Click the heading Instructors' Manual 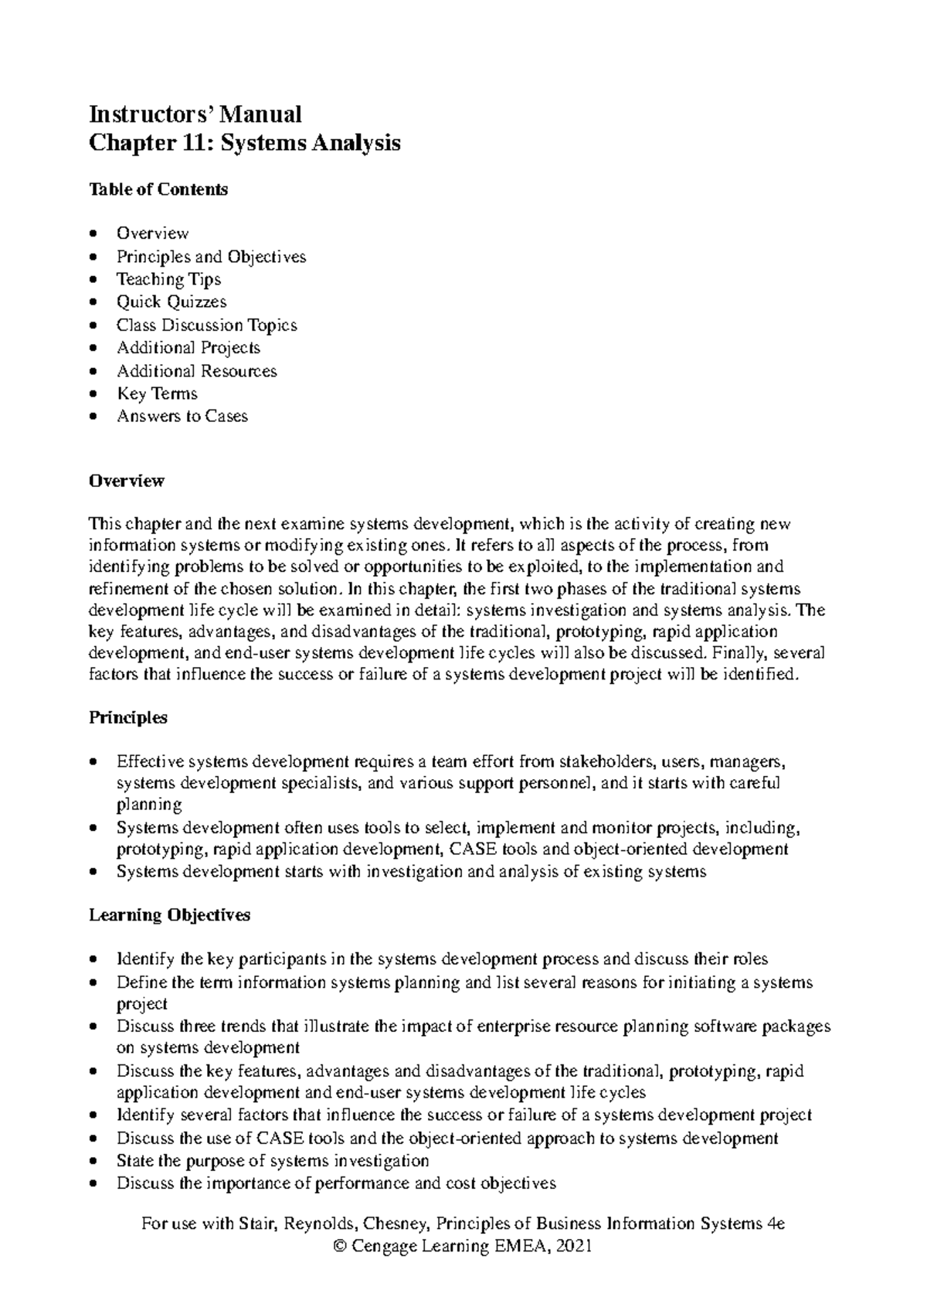(195, 114)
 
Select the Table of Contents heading (158, 189)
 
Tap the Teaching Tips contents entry (168, 279)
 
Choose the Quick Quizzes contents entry (171, 301)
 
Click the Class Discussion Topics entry (206, 325)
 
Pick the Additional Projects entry (188, 348)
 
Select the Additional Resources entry (196, 371)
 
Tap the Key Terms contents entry (157, 393)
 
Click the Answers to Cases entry (182, 416)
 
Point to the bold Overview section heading (127, 481)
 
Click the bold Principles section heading (128, 717)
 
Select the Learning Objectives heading (170, 915)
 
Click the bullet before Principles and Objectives (93, 257)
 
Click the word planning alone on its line (149, 805)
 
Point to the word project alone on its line (142, 1004)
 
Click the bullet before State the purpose (93, 1161)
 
